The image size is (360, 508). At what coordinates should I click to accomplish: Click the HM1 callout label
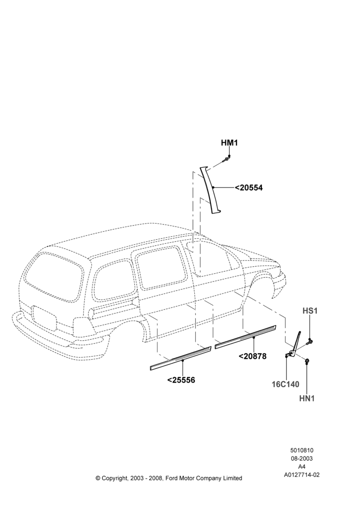point(229,143)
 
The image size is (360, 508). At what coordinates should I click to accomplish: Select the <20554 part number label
point(249,187)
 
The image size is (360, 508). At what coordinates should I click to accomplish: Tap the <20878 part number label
point(252,356)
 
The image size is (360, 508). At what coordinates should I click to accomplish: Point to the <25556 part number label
point(181,379)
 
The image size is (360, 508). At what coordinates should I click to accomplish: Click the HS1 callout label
point(310,311)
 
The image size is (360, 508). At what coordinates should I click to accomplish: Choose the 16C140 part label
point(285,384)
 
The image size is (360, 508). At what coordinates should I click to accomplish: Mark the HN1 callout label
point(307,398)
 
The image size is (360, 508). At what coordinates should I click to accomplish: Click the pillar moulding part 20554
point(212,191)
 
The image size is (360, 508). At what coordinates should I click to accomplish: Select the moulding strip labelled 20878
point(246,337)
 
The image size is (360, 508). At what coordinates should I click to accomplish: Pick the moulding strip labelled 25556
point(181,358)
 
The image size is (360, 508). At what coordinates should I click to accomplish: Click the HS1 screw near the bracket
point(309,341)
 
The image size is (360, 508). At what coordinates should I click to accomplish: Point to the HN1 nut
point(307,360)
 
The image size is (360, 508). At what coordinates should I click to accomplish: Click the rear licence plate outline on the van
point(44,317)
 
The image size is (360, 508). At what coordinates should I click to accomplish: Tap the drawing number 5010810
point(302,450)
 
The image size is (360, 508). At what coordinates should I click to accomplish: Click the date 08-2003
point(302,458)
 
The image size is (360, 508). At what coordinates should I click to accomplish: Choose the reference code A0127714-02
point(302,475)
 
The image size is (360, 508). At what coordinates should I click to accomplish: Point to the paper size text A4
point(302,467)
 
